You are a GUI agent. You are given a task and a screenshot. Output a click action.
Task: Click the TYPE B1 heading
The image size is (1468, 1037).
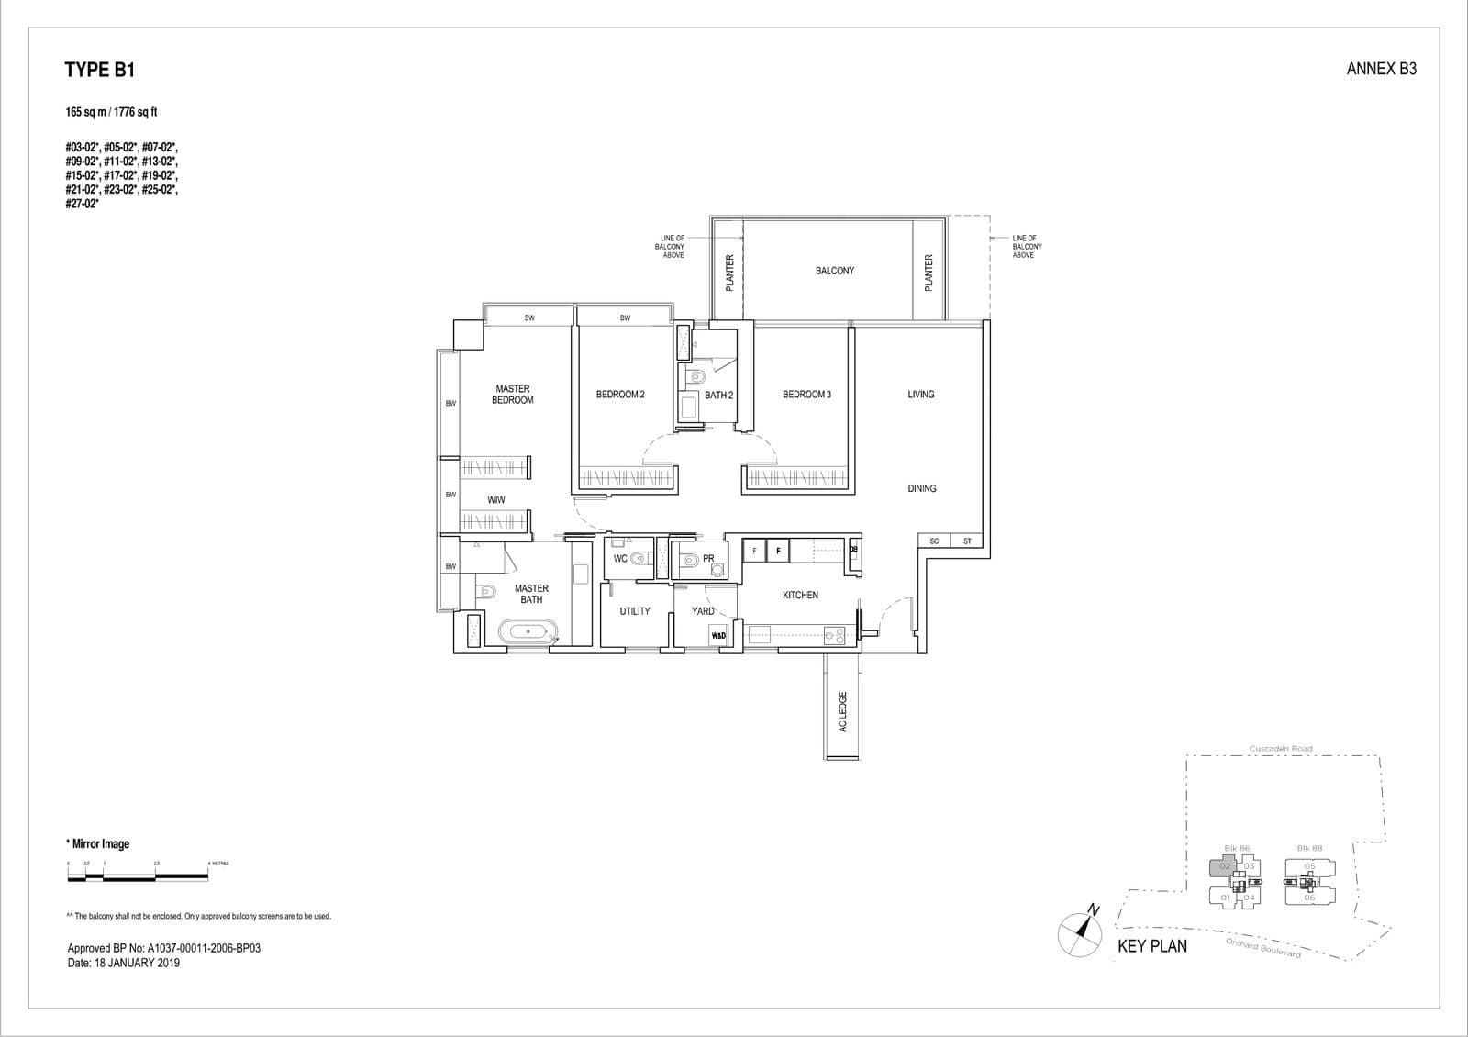100,70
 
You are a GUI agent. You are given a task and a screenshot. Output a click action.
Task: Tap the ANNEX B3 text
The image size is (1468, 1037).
1381,69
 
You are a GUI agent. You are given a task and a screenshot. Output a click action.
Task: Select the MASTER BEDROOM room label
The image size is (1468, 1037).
512,395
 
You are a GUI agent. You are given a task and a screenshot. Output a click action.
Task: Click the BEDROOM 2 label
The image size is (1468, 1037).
620,395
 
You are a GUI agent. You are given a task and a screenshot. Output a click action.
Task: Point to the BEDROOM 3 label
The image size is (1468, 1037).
806,395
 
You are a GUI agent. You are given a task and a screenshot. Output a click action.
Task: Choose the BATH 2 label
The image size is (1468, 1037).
718,396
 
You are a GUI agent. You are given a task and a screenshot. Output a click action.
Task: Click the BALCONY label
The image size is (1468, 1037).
834,271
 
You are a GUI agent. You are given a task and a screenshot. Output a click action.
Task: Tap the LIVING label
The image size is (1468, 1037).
920,395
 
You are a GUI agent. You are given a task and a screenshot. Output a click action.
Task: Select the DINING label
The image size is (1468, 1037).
921,488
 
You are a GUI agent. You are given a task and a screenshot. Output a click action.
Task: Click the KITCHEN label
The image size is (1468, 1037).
800,596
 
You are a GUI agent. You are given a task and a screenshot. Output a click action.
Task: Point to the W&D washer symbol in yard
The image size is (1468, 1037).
718,635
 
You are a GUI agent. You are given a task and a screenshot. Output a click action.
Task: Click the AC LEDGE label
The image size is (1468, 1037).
842,712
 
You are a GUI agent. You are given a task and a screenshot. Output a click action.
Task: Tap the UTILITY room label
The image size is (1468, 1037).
634,611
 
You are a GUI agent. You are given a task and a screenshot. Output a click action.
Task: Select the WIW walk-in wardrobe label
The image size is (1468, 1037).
495,500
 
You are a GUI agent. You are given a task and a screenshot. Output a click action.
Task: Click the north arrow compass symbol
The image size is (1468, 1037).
1080,931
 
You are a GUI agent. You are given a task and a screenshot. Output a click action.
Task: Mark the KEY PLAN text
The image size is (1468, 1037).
1151,946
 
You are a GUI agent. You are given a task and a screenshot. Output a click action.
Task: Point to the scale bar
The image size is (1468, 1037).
138,876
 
